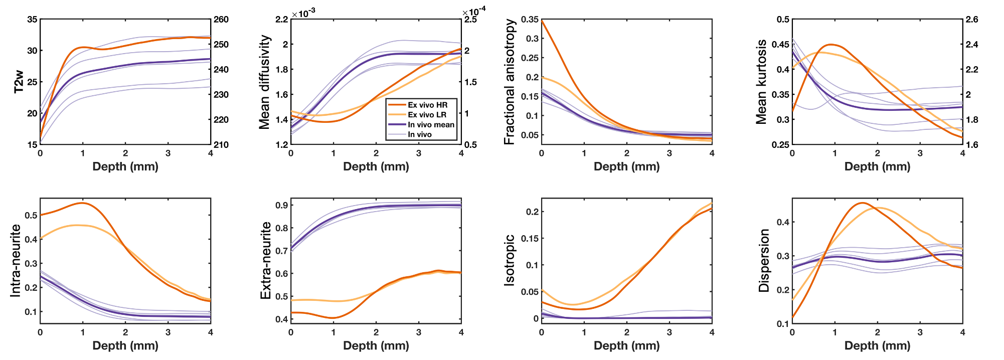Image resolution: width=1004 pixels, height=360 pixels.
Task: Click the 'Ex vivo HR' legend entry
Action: [427, 105]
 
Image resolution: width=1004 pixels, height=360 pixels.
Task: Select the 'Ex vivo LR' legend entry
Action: [427, 115]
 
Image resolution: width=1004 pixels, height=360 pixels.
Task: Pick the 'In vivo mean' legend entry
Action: [431, 125]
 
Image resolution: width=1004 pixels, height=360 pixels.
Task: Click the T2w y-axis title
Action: [19, 82]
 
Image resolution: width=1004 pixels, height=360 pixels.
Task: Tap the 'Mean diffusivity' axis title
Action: [265, 82]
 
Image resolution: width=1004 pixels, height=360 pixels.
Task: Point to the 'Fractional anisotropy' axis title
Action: [510, 82]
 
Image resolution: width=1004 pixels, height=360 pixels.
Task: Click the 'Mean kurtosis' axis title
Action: [761, 82]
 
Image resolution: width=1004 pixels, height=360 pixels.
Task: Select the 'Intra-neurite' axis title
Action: [16, 260]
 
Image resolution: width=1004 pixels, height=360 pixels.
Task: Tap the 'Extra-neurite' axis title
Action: [266, 260]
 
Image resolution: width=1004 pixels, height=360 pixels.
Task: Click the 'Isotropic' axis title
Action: [510, 260]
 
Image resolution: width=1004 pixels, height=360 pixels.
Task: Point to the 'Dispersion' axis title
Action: [764, 260]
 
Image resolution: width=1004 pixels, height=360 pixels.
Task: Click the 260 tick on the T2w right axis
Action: [221, 20]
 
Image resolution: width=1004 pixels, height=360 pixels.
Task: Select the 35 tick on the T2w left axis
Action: [32, 20]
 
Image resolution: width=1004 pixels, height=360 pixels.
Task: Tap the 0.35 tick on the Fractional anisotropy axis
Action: [530, 20]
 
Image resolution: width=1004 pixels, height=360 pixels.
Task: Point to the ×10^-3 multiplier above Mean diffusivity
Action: [303, 13]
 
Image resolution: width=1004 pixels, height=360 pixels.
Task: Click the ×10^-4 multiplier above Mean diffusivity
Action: [474, 12]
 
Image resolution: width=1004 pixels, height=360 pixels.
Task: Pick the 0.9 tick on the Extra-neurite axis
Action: [282, 205]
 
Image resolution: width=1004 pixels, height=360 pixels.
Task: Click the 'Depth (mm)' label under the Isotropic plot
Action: [626, 345]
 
